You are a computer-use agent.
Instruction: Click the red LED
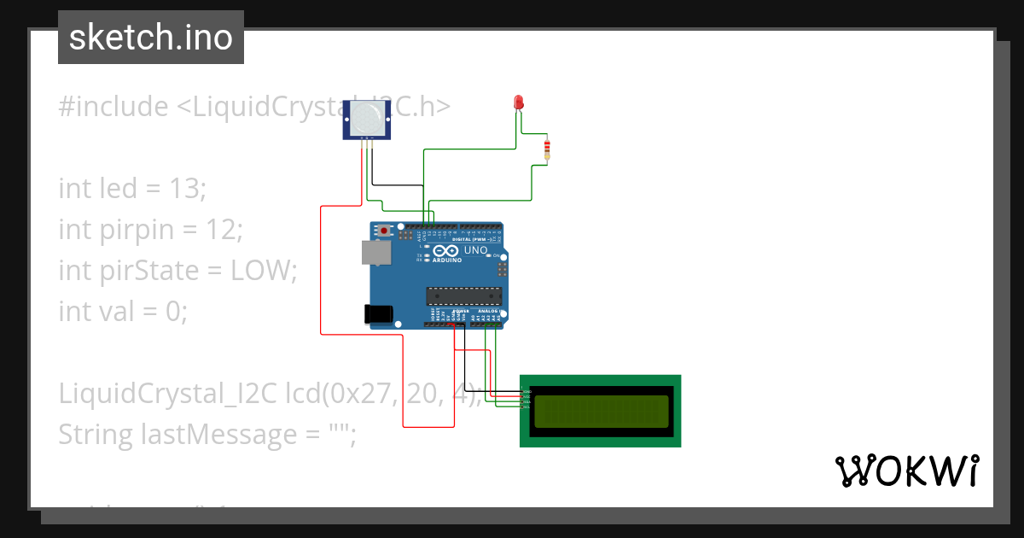518,102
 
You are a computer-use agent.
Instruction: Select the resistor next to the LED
547,150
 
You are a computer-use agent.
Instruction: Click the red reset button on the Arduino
386,231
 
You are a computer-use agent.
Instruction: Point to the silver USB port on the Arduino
372,252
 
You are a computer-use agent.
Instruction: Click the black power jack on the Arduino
379,313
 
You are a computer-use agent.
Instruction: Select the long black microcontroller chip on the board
463,296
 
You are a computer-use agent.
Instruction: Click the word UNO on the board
476,251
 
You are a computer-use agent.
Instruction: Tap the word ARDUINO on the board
447,260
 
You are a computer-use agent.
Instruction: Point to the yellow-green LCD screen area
601,410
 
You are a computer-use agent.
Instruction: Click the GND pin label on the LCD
526,391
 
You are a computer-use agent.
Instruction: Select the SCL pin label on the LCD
526,407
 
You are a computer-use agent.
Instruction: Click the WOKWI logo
906,471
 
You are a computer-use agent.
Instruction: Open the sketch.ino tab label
150,38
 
